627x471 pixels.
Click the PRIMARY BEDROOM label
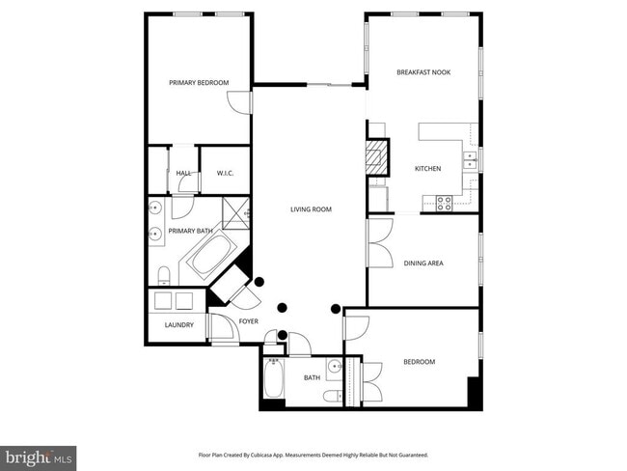tap(199, 83)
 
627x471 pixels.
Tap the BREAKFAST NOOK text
tap(423, 72)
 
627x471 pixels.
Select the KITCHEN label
tap(427, 169)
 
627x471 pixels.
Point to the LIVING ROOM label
tap(312, 208)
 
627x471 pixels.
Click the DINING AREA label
tap(423, 263)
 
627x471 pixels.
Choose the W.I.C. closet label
tap(226, 174)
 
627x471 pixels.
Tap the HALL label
tap(183, 174)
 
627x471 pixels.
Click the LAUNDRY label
tap(178, 325)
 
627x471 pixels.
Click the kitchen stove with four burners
tap(446, 203)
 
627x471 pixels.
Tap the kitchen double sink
tap(470, 160)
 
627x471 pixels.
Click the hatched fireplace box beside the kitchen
tap(376, 156)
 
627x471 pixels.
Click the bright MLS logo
tap(39, 455)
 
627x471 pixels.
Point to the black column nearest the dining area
tap(335, 309)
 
